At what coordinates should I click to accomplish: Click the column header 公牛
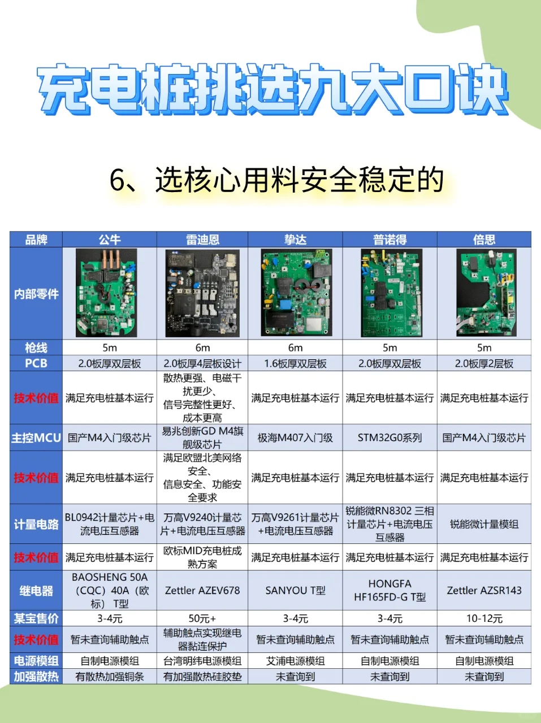(110, 239)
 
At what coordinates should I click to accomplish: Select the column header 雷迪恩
(202, 239)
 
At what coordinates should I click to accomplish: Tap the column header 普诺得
(389, 239)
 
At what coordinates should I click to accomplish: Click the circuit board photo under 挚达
(296, 293)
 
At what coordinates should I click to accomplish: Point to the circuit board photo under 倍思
(486, 293)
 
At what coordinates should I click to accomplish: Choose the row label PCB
(36, 363)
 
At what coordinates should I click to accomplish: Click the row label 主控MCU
(36, 438)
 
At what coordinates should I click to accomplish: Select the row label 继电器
(36, 591)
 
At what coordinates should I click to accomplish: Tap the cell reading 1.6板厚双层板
(296, 364)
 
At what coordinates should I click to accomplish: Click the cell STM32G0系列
(389, 438)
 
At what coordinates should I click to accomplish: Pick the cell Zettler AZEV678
(202, 591)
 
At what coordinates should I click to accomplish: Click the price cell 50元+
(202, 619)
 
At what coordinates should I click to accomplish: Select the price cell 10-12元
(484, 619)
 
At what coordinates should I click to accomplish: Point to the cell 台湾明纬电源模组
(202, 661)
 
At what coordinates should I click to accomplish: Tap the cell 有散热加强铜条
(110, 677)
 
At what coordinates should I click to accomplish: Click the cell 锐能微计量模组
(484, 524)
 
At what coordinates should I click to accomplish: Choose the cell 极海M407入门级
(296, 438)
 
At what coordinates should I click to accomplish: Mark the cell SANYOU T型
(296, 591)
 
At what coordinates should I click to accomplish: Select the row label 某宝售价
(36, 619)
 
